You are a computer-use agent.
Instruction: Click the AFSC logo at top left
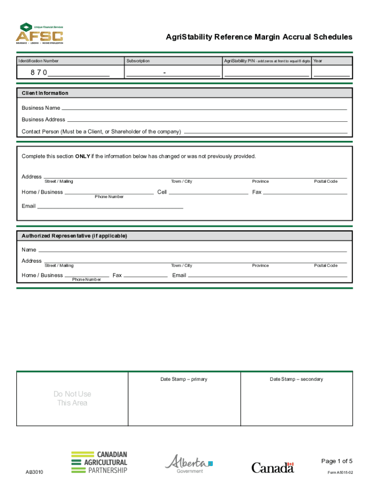[x=39, y=34]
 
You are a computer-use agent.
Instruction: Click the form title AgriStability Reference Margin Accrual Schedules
[x=259, y=37]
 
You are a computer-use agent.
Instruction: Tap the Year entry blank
[x=332, y=73]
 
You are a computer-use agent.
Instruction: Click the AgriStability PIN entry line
[x=267, y=73]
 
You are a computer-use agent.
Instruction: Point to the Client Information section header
[x=45, y=93]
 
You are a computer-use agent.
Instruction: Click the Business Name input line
[x=204, y=108]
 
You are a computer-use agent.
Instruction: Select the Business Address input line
[x=207, y=120]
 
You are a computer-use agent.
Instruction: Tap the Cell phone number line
[x=208, y=192]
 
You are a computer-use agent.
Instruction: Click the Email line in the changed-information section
[x=110, y=207]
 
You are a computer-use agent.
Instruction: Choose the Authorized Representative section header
[x=74, y=236]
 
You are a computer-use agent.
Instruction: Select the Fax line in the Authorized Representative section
[x=146, y=276]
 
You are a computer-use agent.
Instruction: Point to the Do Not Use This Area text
[x=72, y=398]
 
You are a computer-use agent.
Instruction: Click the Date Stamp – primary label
[x=184, y=379]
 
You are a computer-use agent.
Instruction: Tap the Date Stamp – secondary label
[x=296, y=379]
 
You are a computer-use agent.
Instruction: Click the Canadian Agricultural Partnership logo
[x=99, y=462]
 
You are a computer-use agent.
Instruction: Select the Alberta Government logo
[x=189, y=464]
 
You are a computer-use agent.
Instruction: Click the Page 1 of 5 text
[x=337, y=461]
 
